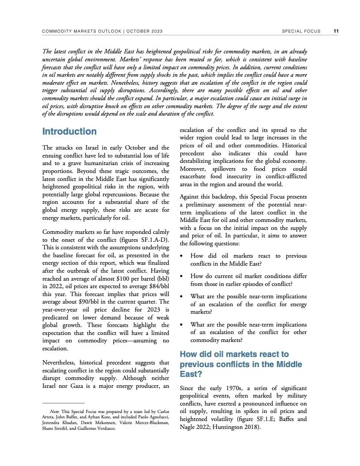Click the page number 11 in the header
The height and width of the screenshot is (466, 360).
(336, 31)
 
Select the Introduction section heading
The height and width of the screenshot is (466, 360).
(69, 132)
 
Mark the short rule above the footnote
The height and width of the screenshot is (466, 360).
(63, 403)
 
